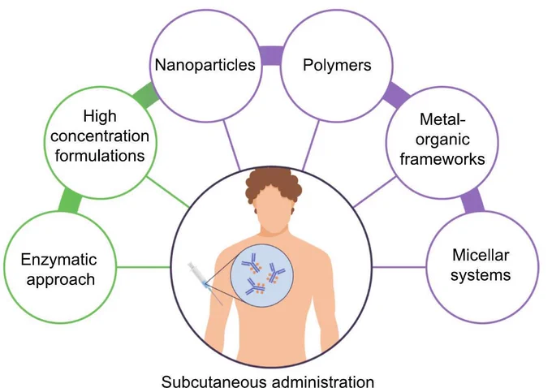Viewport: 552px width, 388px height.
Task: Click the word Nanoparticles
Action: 205,65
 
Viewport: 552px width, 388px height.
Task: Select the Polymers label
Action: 337,65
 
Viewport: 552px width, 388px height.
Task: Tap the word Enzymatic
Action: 58,260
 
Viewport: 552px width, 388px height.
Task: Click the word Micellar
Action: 481,255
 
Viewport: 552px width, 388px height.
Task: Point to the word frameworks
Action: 442,159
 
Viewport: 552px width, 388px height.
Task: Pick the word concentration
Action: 100,136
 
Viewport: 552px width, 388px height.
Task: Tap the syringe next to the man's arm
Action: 203,279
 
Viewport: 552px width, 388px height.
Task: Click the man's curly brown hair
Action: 274,181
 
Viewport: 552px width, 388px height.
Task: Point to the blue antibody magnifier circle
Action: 261,276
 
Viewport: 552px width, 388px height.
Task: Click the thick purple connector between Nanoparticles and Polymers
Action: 271,56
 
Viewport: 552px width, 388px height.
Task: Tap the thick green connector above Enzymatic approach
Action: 70,200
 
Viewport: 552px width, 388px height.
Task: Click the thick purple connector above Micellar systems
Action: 472,201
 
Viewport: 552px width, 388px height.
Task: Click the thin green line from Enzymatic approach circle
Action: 144,267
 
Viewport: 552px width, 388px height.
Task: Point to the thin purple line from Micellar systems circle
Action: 399,267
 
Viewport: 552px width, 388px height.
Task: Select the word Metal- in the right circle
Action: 442,119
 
